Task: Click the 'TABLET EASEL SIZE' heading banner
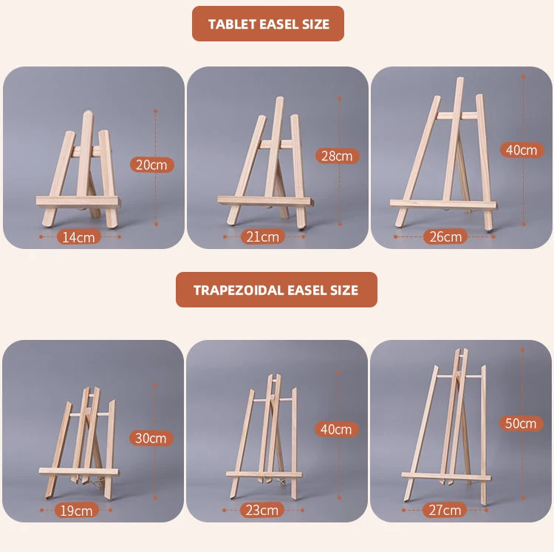(268, 24)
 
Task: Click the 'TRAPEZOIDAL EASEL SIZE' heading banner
(276, 290)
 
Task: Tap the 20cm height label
(151, 165)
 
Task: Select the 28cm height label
(337, 156)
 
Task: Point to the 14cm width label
(78, 236)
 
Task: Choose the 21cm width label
(262, 236)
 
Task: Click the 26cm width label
(446, 236)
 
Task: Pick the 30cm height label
(151, 437)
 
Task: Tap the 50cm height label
(521, 423)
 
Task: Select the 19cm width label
(77, 510)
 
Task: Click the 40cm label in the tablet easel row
(521, 149)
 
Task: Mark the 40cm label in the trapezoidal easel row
(336, 429)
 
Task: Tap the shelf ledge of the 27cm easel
(445, 473)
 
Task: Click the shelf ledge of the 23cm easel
(264, 473)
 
